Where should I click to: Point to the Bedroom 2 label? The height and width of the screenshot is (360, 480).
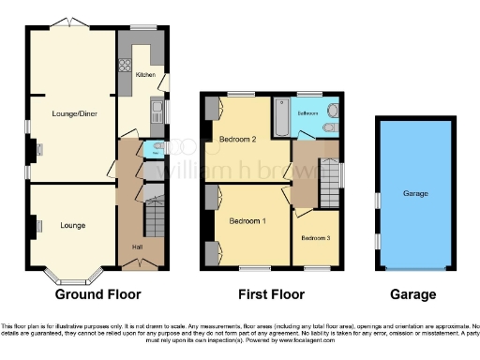coord(238,140)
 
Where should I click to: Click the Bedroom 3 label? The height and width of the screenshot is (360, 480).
coord(315,238)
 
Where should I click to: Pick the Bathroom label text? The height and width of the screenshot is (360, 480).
coord(307,112)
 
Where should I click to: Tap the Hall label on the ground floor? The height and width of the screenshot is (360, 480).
coord(136,247)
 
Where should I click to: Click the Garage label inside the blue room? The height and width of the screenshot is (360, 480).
coord(415,194)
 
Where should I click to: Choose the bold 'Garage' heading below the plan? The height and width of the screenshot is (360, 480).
coord(413,294)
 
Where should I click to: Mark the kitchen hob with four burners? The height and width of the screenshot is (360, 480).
coord(125,66)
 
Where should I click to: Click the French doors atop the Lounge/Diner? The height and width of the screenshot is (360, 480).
coord(68,22)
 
